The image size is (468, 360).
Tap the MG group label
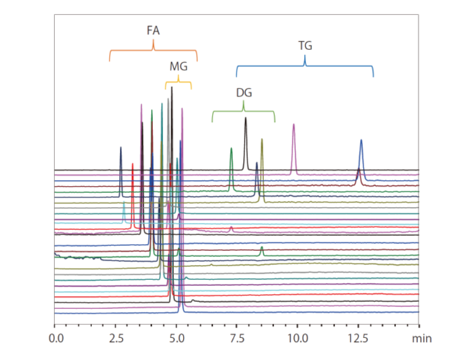tap(178, 66)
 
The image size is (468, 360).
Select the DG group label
tap(244, 93)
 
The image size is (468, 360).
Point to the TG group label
tap(305, 46)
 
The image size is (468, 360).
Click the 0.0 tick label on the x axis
tap(55, 337)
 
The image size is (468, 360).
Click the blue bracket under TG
tap(305, 67)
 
